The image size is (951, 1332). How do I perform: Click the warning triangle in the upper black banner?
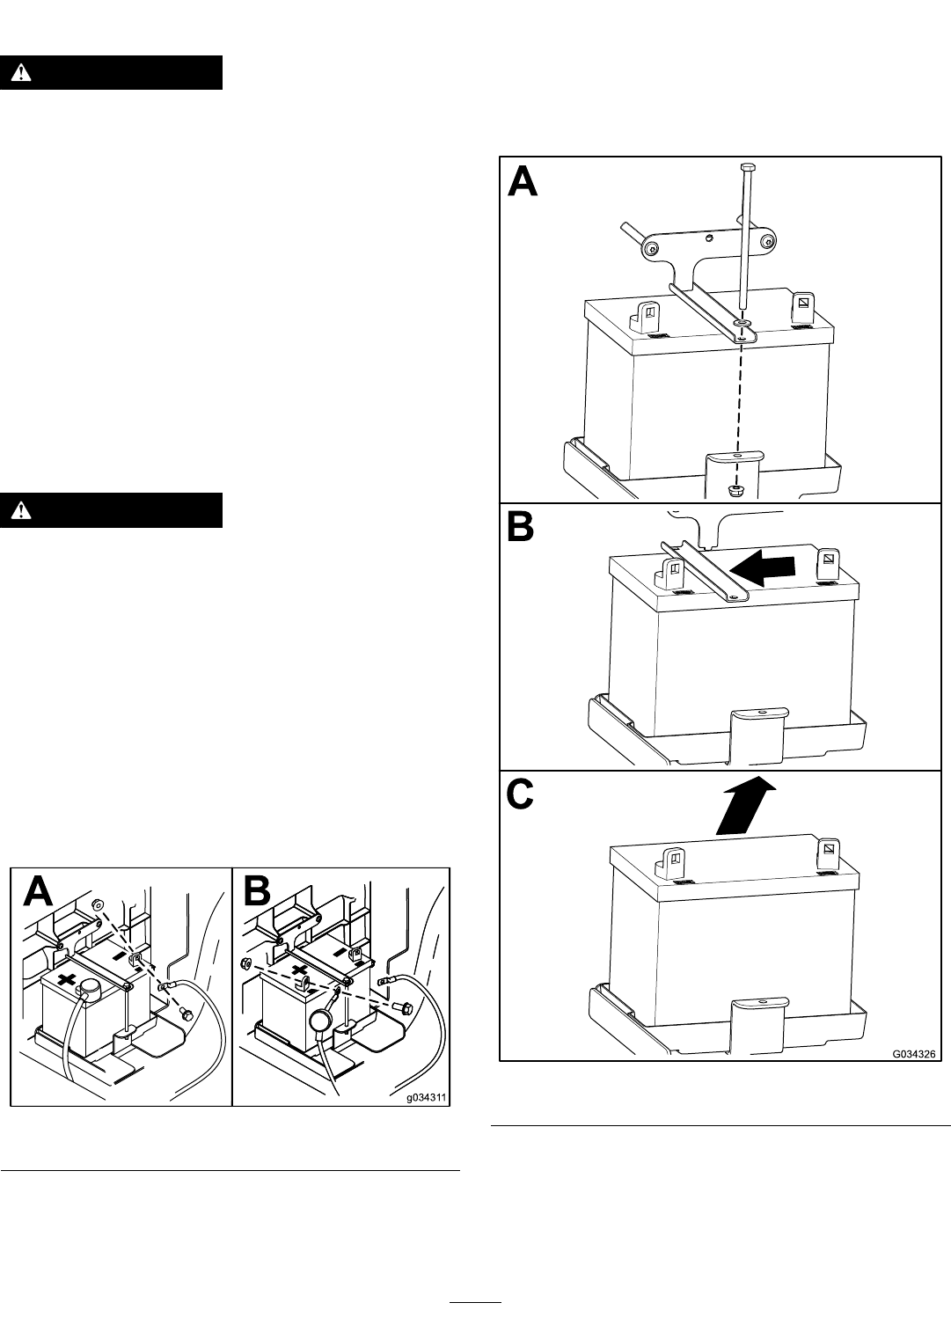click(21, 72)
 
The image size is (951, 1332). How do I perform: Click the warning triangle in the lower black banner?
click(21, 509)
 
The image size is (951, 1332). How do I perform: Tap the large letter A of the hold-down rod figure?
click(523, 181)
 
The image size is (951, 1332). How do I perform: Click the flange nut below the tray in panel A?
click(735, 491)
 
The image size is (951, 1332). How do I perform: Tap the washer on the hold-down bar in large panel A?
click(743, 322)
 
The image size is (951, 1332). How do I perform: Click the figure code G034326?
click(913, 1054)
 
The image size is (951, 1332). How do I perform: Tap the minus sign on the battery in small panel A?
click(120, 957)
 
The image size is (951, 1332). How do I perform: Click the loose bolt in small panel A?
click(185, 1014)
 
